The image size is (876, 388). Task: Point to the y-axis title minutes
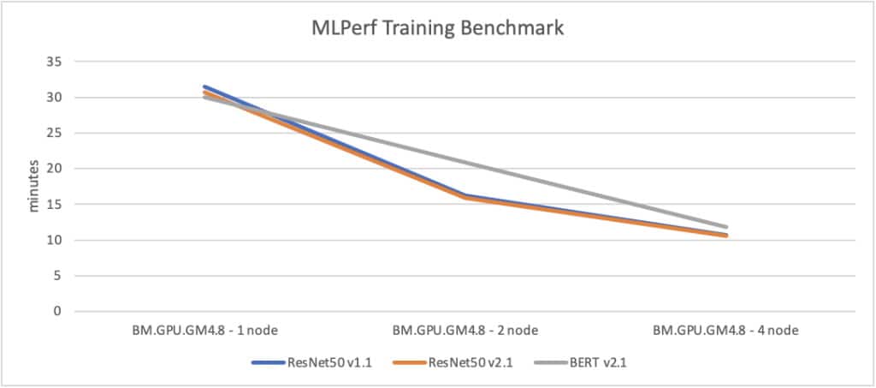click(x=35, y=185)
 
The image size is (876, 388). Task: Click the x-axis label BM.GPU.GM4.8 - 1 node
click(x=204, y=330)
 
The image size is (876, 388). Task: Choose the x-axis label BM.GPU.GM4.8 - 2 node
click(x=465, y=330)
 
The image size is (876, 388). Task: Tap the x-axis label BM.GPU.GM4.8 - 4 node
click(x=726, y=330)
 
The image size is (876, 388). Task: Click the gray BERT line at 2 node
click(x=465, y=162)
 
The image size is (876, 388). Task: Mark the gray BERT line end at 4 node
click(x=726, y=227)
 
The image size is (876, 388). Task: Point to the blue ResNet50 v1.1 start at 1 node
click(x=204, y=87)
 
